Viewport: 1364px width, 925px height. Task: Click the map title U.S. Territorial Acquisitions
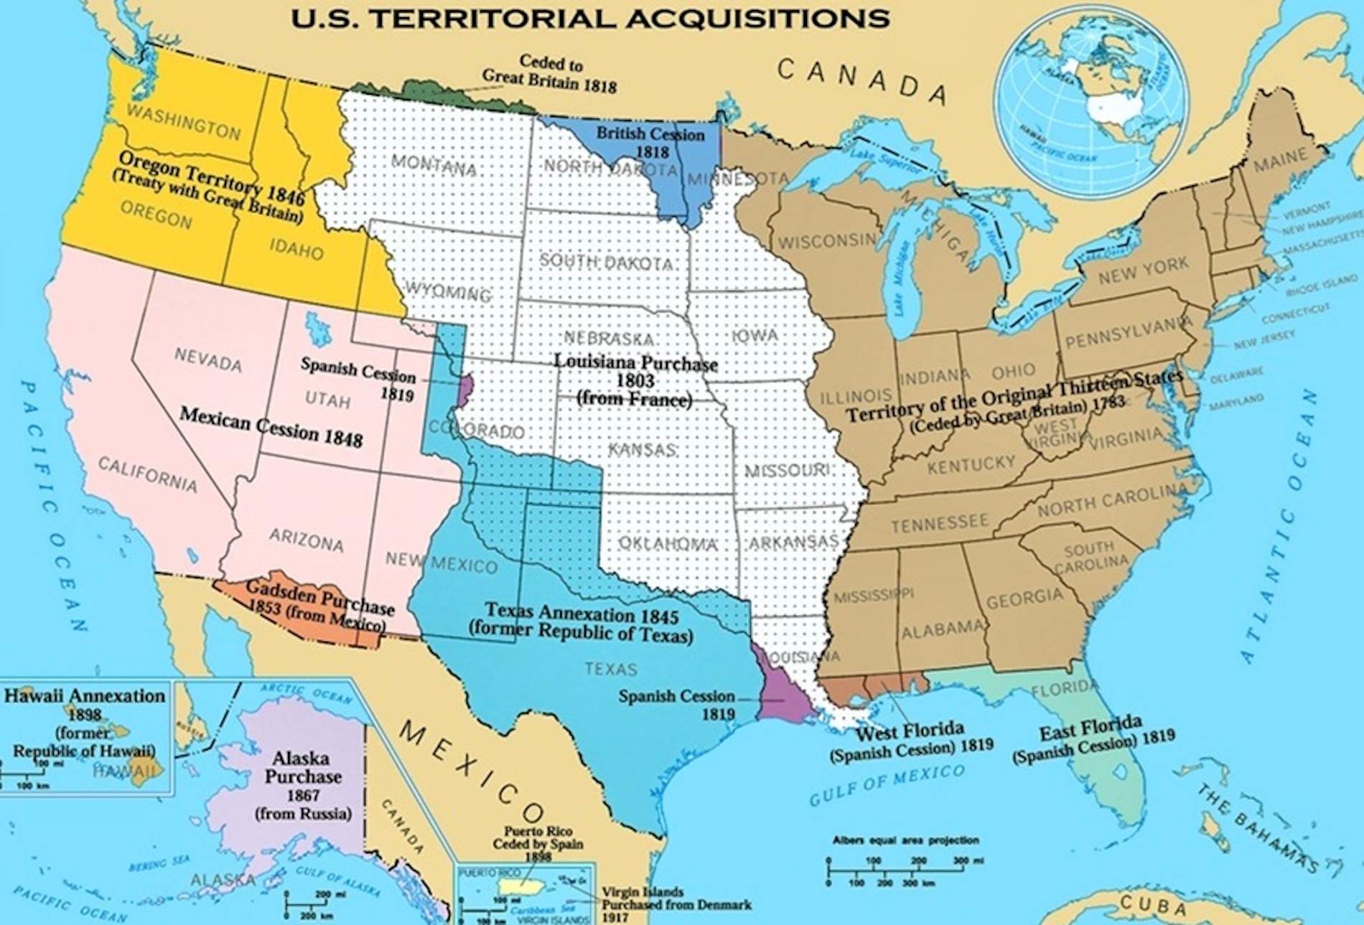[x=590, y=17]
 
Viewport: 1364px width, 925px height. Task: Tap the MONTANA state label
[x=434, y=165]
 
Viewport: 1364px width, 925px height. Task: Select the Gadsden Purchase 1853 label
[x=319, y=606]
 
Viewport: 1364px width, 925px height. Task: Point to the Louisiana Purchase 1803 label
[x=635, y=380]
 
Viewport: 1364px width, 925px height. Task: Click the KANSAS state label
[x=642, y=450]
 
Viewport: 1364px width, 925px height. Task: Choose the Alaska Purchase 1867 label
[x=303, y=785]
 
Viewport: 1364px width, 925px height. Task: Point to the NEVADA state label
[x=207, y=359]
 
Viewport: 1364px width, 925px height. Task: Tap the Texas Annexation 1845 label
[x=581, y=623]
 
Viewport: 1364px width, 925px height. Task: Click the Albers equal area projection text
[x=905, y=840]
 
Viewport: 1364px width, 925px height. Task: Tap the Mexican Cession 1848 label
[x=271, y=427]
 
